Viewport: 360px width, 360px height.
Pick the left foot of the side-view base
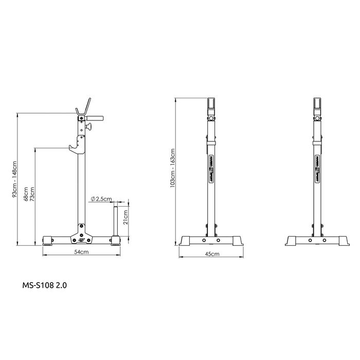coord(48,241)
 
